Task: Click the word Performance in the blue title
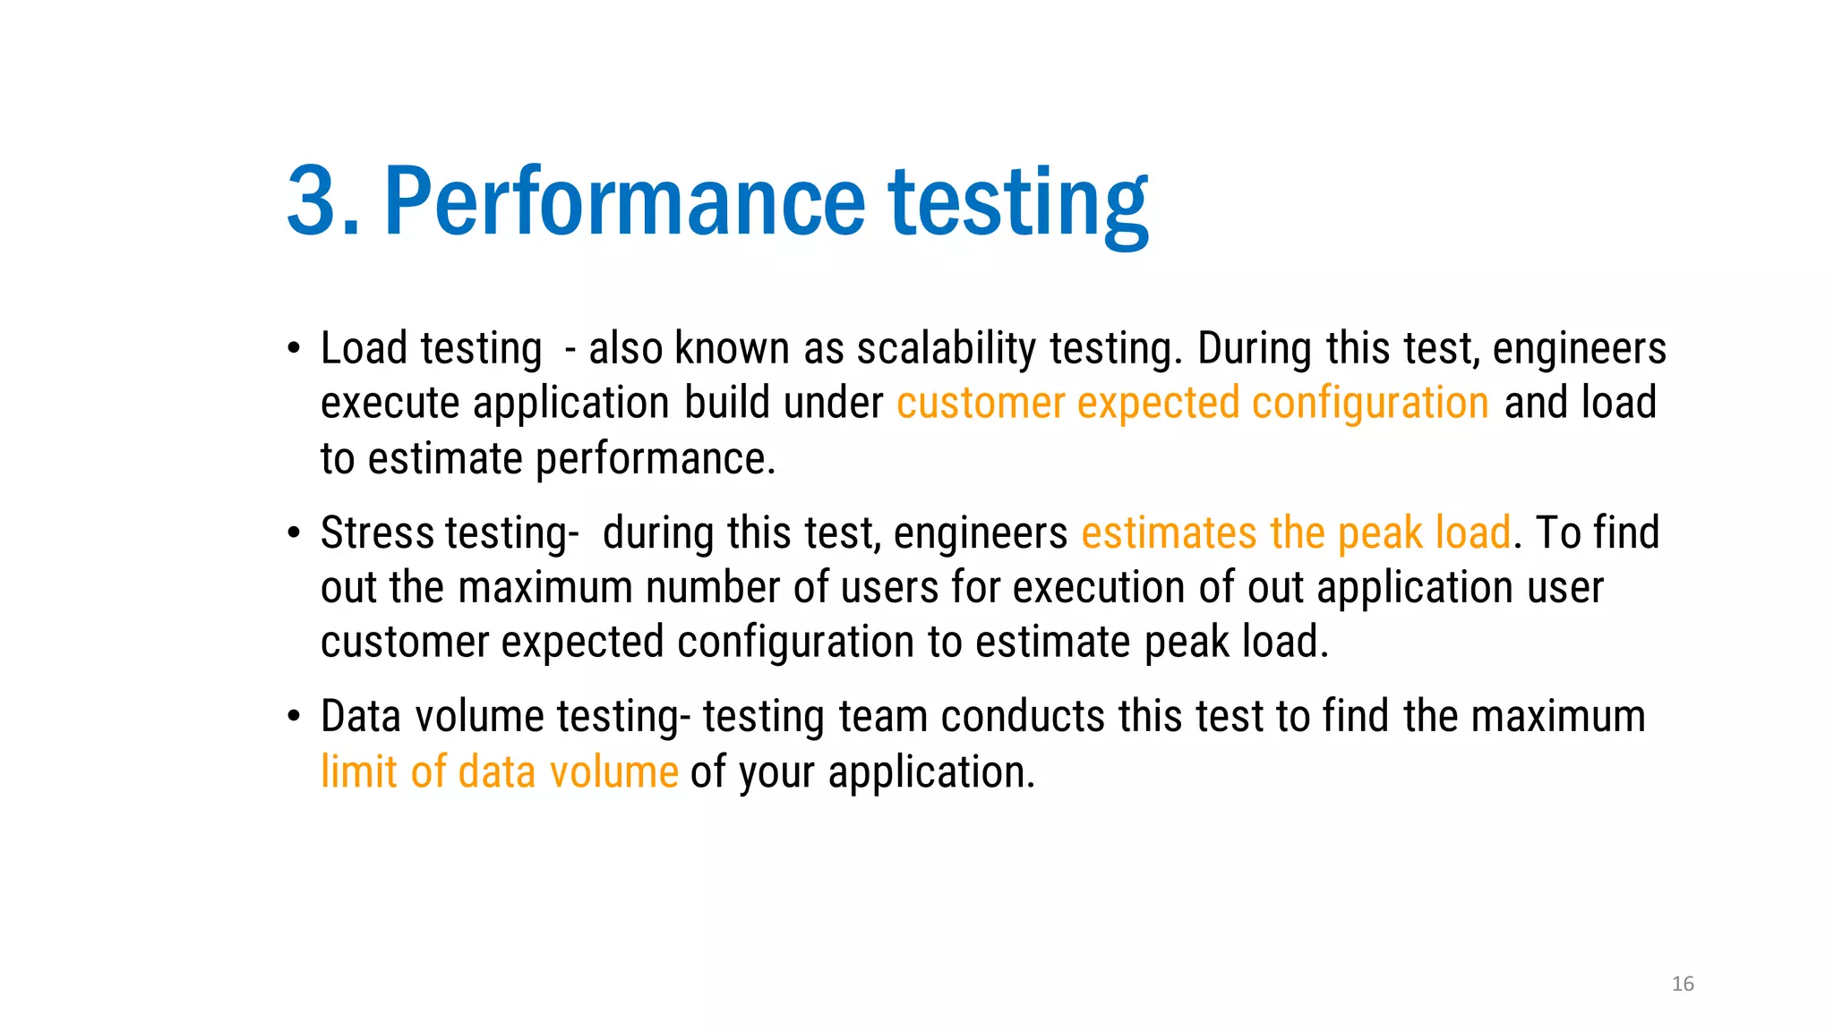(624, 201)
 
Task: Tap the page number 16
(1683, 984)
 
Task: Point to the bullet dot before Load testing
(294, 349)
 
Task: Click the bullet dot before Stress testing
(294, 533)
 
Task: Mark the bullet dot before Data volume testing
(294, 718)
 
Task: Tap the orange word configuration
(1369, 404)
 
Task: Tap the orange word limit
(358, 772)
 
